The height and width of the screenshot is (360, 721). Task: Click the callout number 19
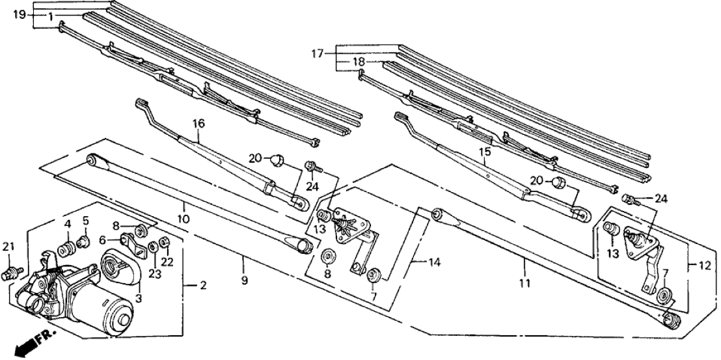20,14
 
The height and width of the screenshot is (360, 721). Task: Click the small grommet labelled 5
83,243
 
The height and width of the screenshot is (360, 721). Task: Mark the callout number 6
103,240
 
